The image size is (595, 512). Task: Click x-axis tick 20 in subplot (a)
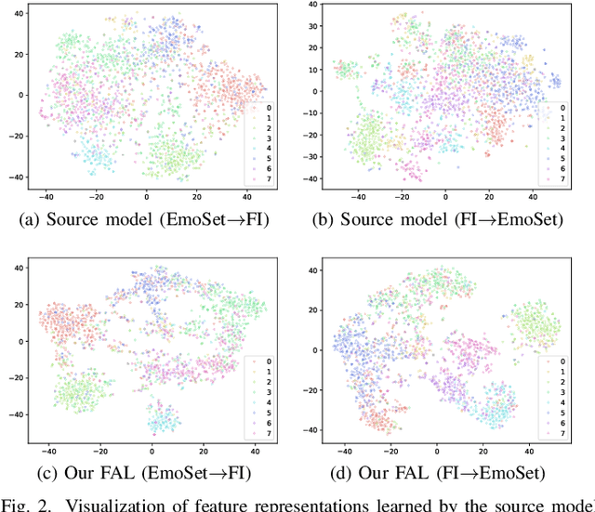[x=196, y=196]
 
